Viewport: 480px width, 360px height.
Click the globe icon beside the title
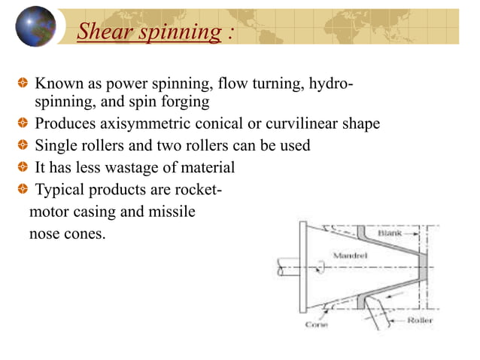[36, 26]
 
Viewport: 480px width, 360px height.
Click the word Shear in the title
[102, 32]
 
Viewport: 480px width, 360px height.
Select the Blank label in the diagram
[391, 234]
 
